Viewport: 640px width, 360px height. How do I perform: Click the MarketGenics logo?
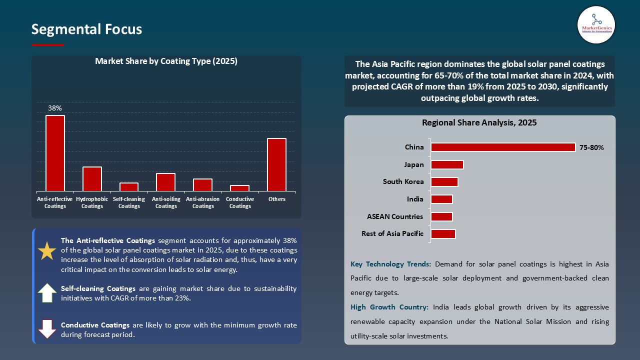596,24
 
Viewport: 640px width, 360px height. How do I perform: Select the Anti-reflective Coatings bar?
55,153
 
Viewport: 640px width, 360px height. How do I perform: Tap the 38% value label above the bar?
55,108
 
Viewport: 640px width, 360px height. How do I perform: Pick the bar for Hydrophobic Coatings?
92,178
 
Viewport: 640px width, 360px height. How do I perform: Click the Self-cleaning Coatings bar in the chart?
129,186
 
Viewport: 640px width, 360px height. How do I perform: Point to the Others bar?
276,164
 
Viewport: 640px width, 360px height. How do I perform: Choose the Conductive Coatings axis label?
240,202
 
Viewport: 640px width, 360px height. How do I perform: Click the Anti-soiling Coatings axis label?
166,202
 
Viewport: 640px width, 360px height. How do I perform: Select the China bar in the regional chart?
503,147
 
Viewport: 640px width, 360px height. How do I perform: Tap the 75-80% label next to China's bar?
591,148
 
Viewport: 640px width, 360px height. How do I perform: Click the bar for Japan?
447,164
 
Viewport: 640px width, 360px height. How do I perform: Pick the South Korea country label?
403,182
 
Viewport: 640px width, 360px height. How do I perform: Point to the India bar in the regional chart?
441,199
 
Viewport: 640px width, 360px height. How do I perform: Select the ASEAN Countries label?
395,216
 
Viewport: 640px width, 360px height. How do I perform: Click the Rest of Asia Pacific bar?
443,233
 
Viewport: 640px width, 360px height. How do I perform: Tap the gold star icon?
47,251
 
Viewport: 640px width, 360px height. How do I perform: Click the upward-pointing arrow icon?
47,292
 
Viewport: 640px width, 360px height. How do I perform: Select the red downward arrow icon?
47,328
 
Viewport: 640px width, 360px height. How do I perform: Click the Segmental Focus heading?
86,29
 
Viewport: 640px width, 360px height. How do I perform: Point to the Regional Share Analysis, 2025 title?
479,123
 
